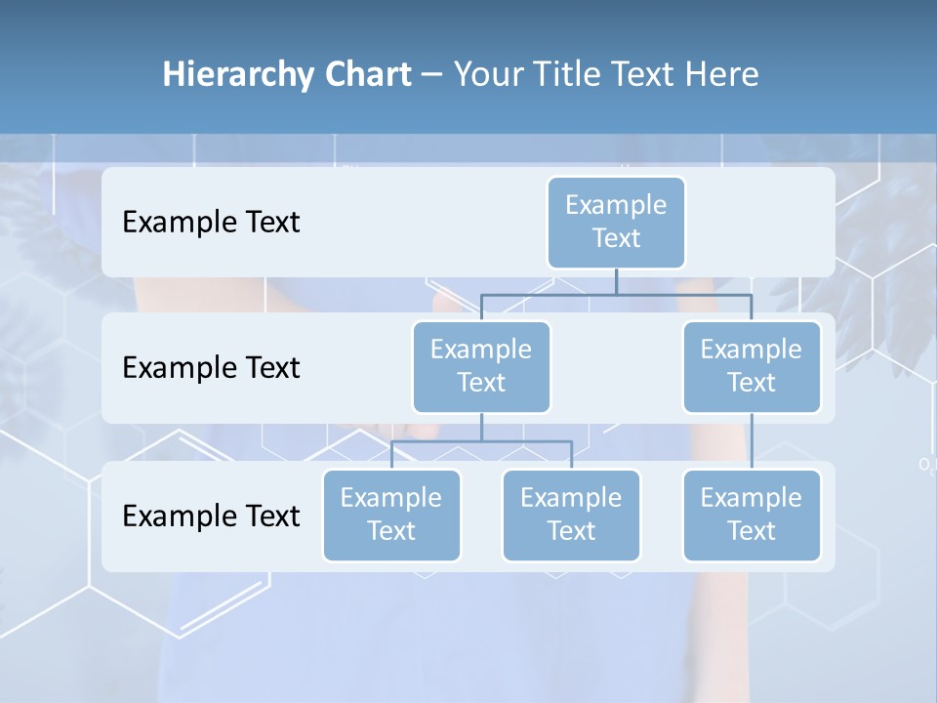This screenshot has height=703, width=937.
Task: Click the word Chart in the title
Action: point(367,75)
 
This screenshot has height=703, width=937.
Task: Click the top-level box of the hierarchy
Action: point(616,222)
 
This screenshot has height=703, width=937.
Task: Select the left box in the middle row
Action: point(481,366)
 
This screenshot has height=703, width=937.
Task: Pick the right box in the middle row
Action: point(751,366)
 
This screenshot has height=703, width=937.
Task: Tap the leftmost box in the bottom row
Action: point(391,515)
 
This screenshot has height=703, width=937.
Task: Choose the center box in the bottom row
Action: point(571,515)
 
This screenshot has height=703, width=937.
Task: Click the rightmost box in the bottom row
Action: point(751,515)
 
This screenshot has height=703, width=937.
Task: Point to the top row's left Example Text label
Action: point(211,223)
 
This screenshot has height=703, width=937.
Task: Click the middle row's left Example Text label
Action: point(211,368)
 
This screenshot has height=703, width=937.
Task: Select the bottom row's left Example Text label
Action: point(211,517)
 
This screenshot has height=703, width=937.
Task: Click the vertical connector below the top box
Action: point(616,281)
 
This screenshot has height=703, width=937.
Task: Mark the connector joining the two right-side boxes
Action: point(752,441)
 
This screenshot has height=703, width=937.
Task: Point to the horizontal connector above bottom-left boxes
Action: point(481,441)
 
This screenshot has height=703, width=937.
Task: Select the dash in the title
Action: point(432,75)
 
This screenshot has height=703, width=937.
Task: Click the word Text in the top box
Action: point(616,238)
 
